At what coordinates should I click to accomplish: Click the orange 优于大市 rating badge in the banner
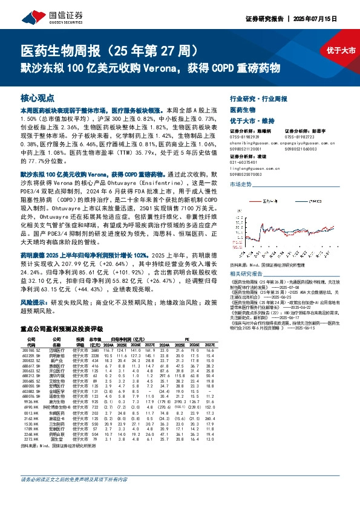(x=341, y=51)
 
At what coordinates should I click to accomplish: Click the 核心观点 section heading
(x=38, y=97)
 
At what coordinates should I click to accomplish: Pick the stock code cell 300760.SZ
(x=30, y=334)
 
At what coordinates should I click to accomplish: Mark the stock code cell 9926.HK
(x=31, y=401)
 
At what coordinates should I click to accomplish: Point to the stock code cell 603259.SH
(x=30, y=339)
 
